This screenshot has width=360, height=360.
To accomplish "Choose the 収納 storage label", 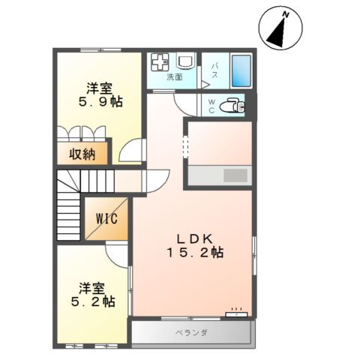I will pos(82,154).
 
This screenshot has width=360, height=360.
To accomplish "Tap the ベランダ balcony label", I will pos(193,331).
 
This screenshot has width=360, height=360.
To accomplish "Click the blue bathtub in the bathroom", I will pos(241,70).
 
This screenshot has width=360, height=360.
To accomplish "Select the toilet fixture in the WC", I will pos(233,106).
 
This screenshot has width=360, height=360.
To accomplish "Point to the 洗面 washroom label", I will pos(175,76).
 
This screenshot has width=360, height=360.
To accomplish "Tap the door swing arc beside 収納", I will pos(133,151).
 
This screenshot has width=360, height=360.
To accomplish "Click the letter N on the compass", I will pos(286,13).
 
